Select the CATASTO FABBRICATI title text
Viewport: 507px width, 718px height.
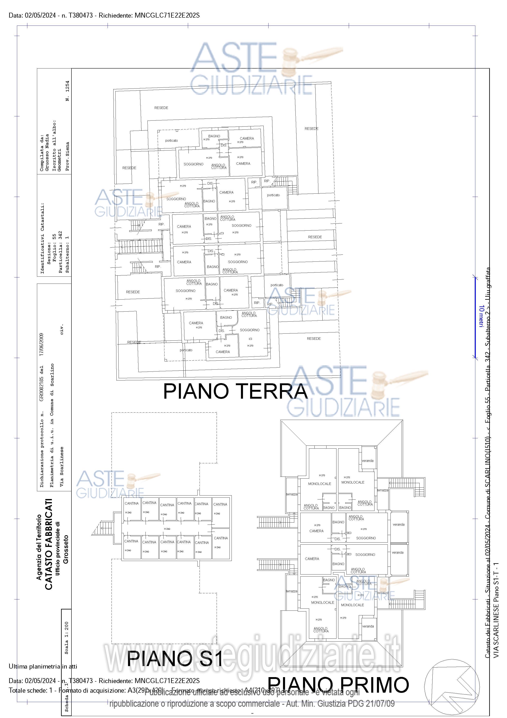48,544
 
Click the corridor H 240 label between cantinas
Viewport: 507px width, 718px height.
167,529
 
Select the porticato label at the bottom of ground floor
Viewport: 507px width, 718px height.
186,350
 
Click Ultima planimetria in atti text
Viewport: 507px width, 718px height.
43,666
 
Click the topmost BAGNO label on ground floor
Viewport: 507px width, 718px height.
214,136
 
